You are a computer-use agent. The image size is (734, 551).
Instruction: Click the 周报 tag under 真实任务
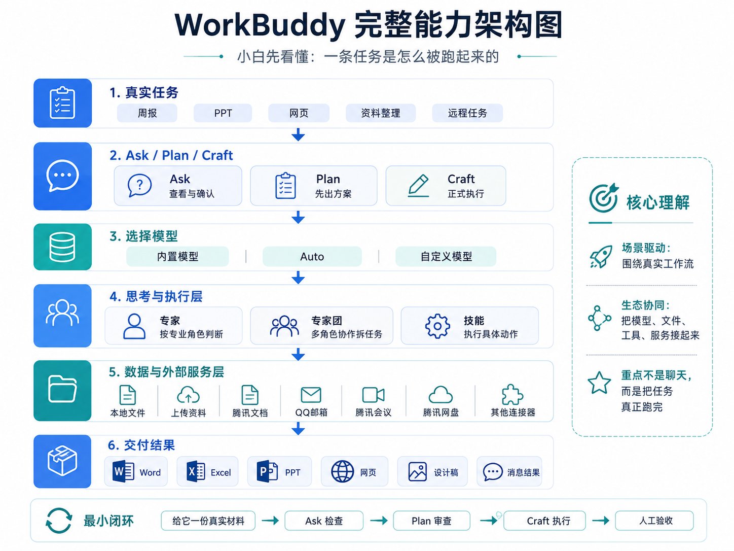coord(147,113)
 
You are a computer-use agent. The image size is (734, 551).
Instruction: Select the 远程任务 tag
coord(467,113)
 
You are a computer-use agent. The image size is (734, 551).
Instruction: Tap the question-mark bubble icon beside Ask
coord(139,185)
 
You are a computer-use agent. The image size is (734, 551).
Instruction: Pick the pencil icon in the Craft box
coord(419,185)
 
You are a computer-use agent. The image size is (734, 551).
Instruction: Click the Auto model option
coord(312,257)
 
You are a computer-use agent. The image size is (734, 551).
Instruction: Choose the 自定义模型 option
coord(446,257)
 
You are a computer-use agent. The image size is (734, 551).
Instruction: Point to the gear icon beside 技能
coord(437,326)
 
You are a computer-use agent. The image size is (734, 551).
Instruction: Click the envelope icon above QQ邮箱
coord(311,395)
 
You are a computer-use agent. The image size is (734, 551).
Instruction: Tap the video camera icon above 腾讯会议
coord(373,395)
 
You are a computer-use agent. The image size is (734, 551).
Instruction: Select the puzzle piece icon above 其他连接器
coord(512,395)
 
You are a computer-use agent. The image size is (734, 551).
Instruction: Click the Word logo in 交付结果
coord(123,471)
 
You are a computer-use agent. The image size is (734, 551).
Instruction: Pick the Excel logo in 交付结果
coord(196,471)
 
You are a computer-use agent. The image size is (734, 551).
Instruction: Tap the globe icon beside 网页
coord(342,471)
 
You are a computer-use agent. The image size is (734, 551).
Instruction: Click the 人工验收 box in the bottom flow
coord(654,521)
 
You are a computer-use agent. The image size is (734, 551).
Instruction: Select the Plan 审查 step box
coord(431,521)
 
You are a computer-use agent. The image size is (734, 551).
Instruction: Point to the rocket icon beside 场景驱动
coord(601,257)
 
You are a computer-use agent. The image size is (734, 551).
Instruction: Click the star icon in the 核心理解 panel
coord(599,383)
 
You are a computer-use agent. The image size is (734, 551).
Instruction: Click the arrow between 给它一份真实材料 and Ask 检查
coord(270,521)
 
